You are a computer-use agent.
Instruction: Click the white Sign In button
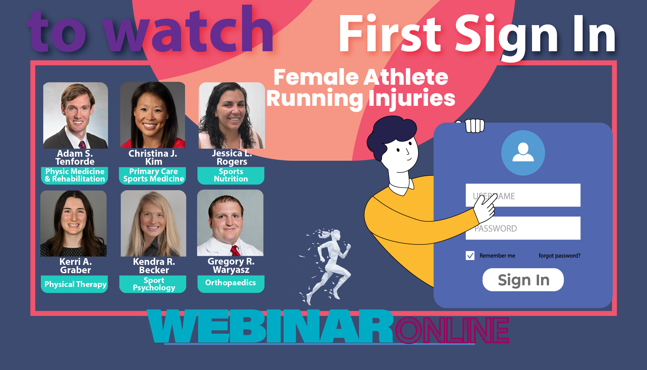tap(523, 280)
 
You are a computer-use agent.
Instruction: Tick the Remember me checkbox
tap(470, 255)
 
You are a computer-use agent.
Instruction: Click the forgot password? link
tap(560, 255)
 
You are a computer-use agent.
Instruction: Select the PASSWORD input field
tap(523, 228)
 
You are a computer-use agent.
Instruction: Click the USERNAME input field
tap(523, 195)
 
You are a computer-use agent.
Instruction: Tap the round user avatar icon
tap(523, 153)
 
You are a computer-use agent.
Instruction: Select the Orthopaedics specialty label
tap(231, 283)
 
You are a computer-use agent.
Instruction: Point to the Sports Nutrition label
tap(231, 175)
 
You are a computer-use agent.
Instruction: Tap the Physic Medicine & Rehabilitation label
tap(75, 175)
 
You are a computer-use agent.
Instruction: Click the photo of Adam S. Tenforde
tap(76, 115)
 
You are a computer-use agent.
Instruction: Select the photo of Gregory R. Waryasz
tap(230, 223)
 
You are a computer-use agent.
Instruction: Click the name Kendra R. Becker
tap(154, 266)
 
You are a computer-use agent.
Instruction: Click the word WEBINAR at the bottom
tap(270, 326)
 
